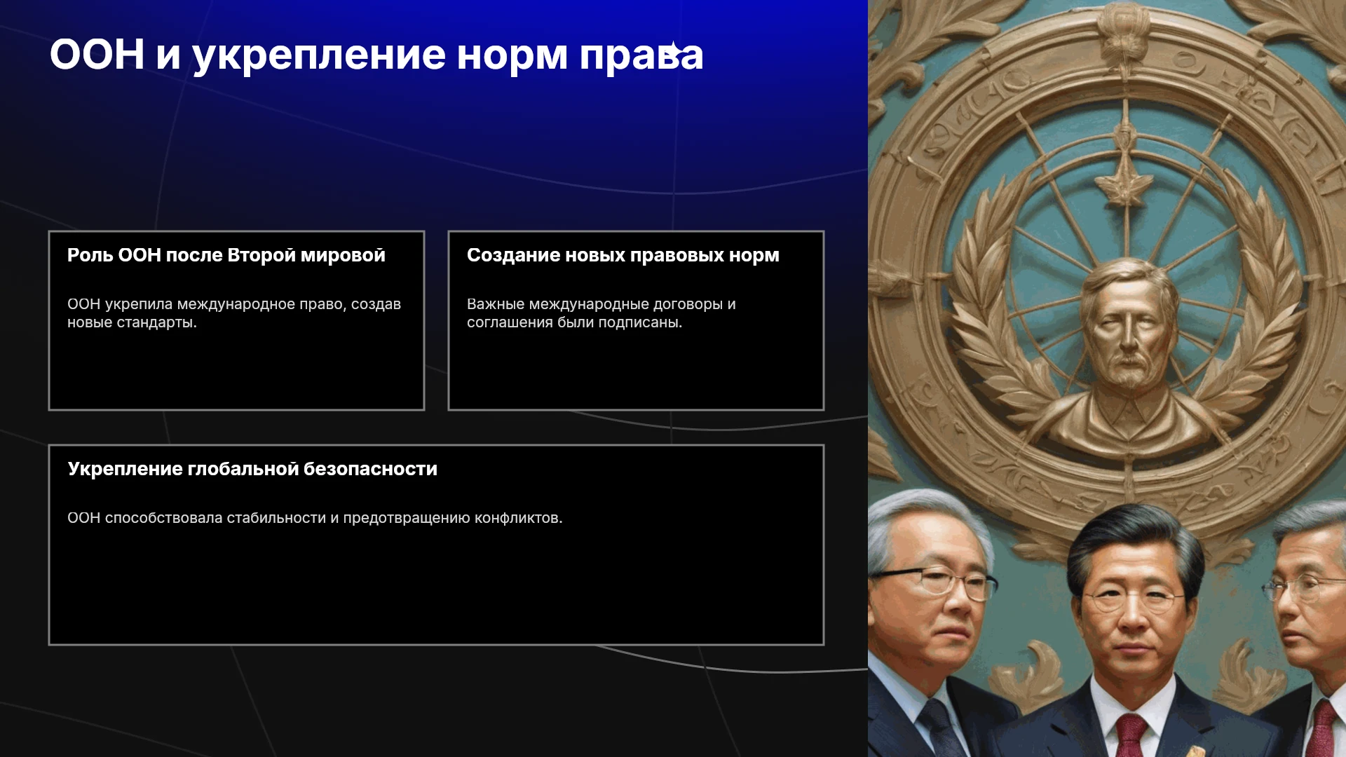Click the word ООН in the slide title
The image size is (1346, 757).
pos(97,54)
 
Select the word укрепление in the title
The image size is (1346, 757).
pos(319,56)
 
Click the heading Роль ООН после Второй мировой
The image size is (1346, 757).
pos(226,255)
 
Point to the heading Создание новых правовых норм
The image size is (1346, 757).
pos(623,255)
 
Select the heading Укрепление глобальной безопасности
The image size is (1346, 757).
pos(252,469)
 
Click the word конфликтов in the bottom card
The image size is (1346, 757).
pos(518,518)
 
